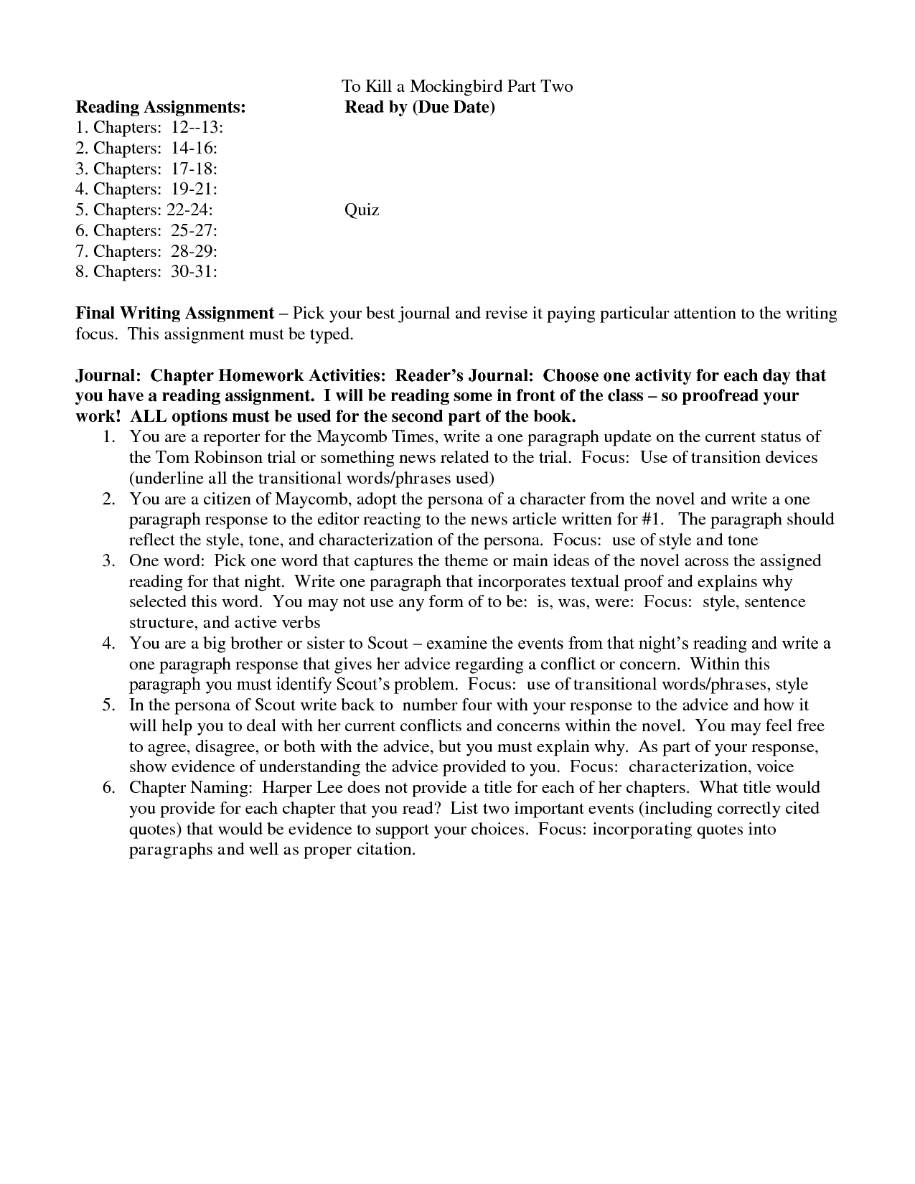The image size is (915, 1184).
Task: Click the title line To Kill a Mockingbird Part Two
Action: [x=457, y=87]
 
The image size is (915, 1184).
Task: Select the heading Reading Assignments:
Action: [x=161, y=108]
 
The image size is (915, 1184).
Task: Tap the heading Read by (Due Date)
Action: [x=420, y=108]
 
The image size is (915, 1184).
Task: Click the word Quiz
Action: [x=362, y=210]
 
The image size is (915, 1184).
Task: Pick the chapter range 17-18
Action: [x=194, y=169]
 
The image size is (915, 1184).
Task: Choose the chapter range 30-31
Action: [x=194, y=272]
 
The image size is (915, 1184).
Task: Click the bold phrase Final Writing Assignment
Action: [x=175, y=314]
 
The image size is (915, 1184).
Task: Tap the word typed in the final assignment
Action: [x=334, y=334]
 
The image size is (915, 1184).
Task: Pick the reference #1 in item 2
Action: [x=651, y=520]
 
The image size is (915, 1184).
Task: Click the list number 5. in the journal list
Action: [x=109, y=705]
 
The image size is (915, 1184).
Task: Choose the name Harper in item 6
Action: [x=283, y=788]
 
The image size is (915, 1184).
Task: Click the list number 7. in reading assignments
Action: [x=82, y=252]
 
